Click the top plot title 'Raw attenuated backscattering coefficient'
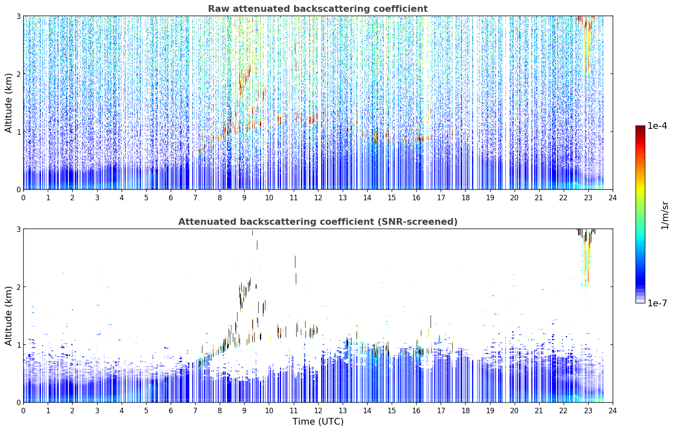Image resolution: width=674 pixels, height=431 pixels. tap(318, 9)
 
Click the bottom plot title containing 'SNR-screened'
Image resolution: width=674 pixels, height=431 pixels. tap(318, 222)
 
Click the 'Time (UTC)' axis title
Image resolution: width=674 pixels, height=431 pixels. tap(318, 422)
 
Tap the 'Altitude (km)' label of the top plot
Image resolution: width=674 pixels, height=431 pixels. tap(8, 103)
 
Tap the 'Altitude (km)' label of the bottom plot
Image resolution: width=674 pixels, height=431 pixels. tap(8, 316)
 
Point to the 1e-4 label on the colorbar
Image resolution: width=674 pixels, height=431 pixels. tap(657, 126)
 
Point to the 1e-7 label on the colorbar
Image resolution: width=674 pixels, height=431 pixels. tap(657, 303)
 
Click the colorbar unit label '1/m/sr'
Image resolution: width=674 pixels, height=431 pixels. tap(665, 215)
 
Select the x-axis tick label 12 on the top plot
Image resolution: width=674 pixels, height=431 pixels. tap(318, 198)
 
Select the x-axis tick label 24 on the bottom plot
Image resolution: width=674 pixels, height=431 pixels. tap(613, 411)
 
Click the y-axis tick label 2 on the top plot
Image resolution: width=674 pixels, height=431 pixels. tap(19, 74)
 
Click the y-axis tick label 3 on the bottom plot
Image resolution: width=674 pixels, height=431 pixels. tap(19, 229)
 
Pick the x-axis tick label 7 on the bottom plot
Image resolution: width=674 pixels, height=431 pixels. tap(195, 411)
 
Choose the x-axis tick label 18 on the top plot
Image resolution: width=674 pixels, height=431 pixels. tap(466, 198)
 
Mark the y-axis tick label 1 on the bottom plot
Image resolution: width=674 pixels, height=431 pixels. tap(19, 345)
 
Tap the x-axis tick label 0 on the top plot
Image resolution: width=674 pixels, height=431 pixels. tap(24, 198)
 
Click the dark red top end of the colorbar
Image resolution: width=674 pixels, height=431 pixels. tap(640, 128)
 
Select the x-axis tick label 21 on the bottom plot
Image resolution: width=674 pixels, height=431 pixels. tap(539, 411)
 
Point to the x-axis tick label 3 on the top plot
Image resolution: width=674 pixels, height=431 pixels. tap(97, 198)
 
